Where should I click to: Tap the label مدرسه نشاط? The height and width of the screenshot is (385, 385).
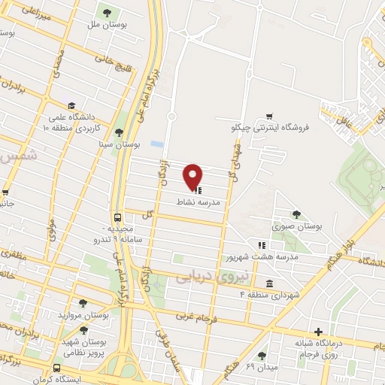(x=199, y=204)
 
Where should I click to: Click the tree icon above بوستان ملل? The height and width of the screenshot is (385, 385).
(x=106, y=11)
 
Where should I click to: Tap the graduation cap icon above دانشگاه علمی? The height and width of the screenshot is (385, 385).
(x=71, y=107)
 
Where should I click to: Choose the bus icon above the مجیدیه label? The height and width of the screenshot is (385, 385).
(x=117, y=216)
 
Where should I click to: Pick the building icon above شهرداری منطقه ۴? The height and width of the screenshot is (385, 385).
(x=268, y=283)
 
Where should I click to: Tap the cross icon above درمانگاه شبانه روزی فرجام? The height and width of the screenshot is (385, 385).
(x=320, y=332)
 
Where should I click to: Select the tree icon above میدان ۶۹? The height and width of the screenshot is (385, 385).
(x=261, y=355)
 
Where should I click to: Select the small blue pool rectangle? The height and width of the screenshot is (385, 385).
(x=156, y=143)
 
